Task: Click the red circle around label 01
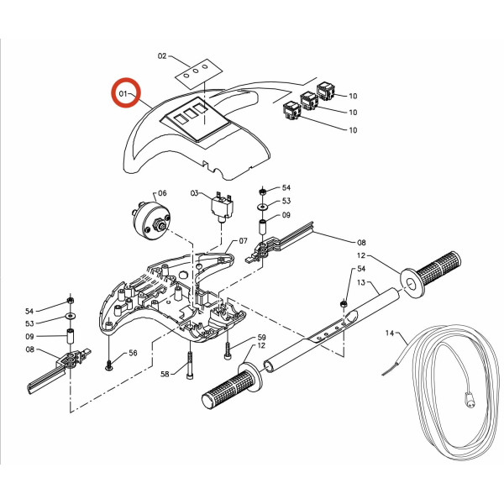pos(126,92)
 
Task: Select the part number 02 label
pos(162,56)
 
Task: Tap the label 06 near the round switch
pos(162,193)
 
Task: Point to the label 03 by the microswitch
pos(195,193)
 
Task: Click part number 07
pos(243,241)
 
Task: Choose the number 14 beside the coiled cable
pos(390,333)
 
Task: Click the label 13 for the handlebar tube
pos(361,282)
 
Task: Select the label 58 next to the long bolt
pos(165,374)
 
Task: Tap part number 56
pos(133,353)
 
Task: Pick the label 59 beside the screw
pos(261,337)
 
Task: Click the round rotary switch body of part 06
pos(151,219)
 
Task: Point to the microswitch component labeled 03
pos(222,208)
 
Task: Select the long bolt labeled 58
pos(190,365)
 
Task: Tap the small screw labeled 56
pos(108,365)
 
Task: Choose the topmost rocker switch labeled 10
pos(326,92)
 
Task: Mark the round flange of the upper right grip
pos(412,283)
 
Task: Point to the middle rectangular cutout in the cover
pos(191,113)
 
